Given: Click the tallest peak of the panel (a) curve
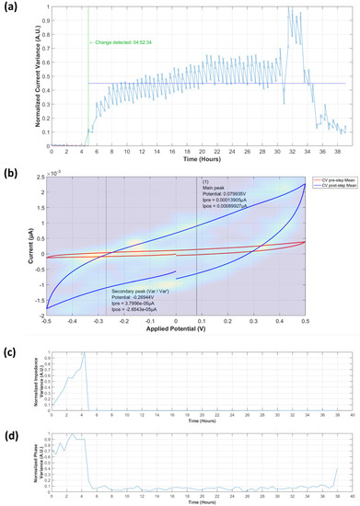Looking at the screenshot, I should (x=289, y=9).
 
